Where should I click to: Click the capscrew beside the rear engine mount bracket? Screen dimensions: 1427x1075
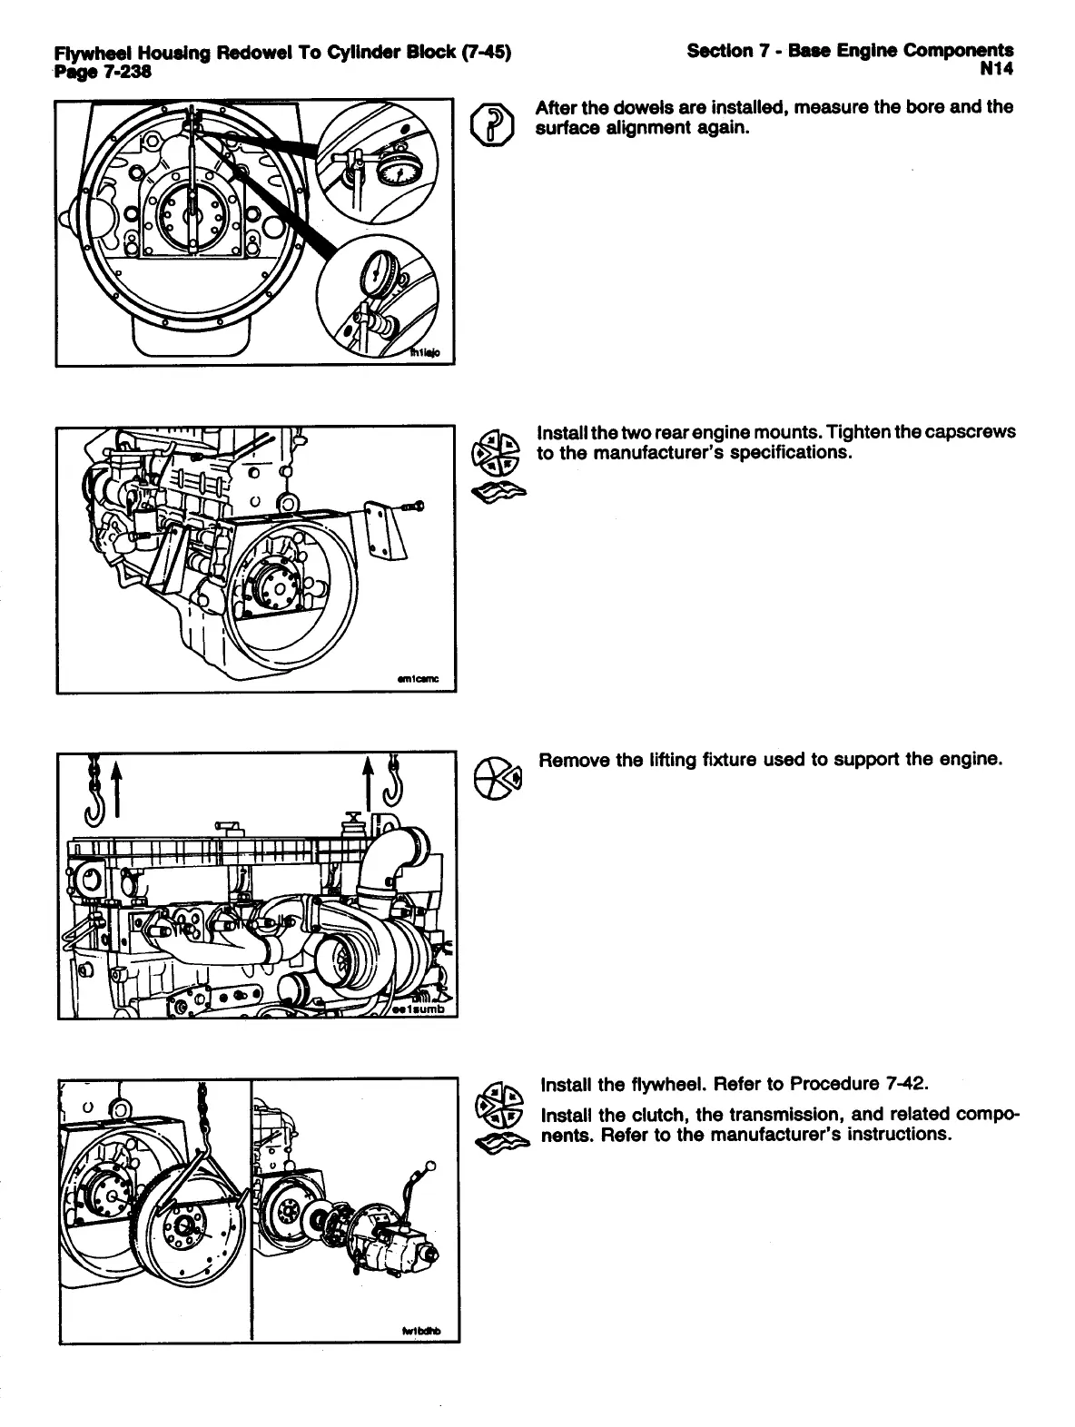[417, 506]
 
